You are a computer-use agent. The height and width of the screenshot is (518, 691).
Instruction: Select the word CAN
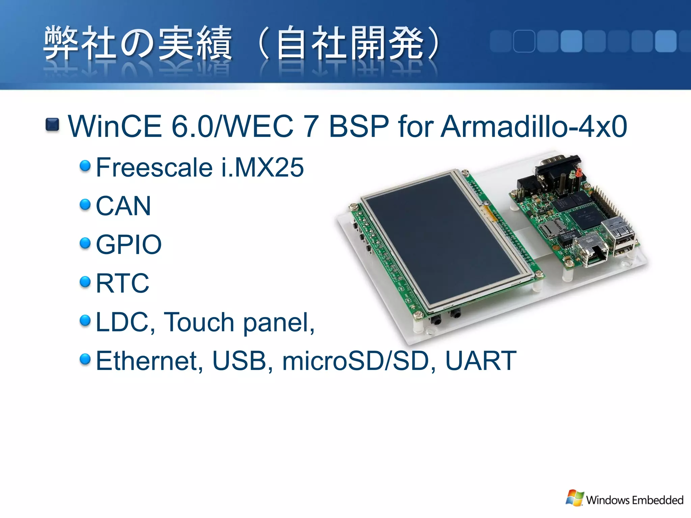pyautogui.click(x=123, y=206)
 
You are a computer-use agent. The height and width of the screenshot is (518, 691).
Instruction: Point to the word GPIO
pyautogui.click(x=129, y=244)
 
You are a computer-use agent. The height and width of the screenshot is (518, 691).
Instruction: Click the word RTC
pyautogui.click(x=122, y=283)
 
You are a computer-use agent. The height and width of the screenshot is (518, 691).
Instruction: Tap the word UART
pyautogui.click(x=481, y=361)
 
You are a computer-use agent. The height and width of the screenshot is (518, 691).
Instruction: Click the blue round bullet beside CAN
pyautogui.click(x=85, y=204)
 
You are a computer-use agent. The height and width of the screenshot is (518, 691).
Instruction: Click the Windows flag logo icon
pyautogui.click(x=575, y=498)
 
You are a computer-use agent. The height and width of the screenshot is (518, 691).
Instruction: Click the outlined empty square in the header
pyautogui.click(x=524, y=41)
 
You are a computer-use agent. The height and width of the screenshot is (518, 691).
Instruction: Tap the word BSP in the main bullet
pyautogui.click(x=359, y=126)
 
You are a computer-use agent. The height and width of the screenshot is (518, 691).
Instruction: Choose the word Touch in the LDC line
pyautogui.click(x=199, y=322)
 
